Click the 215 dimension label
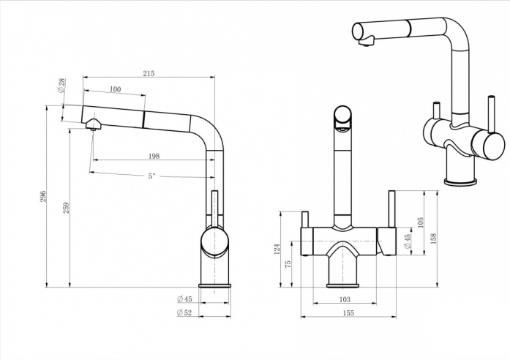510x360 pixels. point(148,73)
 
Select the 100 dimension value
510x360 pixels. point(115,89)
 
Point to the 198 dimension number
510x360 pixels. point(154,156)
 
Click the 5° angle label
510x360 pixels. point(151,176)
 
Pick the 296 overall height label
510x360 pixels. point(43,196)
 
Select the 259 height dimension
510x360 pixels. point(65,207)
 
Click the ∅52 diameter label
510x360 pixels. point(184,312)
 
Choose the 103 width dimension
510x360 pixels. point(345,299)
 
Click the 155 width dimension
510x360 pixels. point(348,313)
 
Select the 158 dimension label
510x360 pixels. point(434,238)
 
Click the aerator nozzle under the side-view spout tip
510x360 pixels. point(94,125)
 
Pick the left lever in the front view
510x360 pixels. point(304,220)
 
